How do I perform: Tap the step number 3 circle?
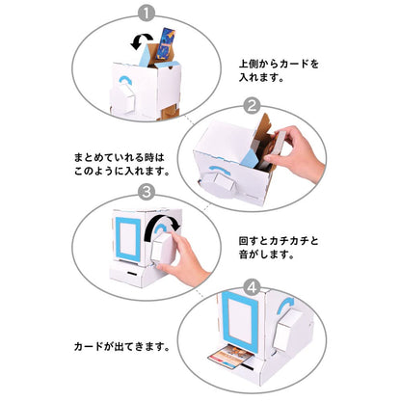tap(147, 192)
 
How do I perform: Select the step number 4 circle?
tap(251, 286)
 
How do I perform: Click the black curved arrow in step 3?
tap(153, 226)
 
